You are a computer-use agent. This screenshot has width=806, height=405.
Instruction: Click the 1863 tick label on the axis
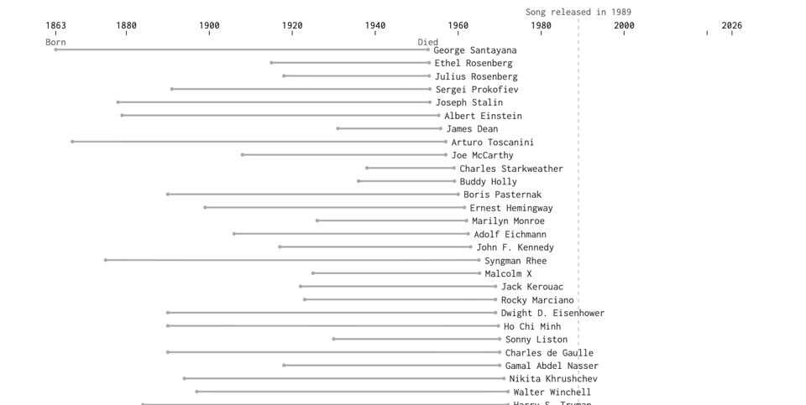pos(55,25)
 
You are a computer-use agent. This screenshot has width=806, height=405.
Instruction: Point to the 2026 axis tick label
pos(731,25)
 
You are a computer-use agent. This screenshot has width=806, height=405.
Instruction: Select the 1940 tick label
pos(375,25)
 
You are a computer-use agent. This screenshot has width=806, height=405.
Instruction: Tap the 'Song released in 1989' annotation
pos(578,12)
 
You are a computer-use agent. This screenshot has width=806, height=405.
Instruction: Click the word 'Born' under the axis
pos(55,42)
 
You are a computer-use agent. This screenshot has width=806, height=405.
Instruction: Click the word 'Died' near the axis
pos(427,42)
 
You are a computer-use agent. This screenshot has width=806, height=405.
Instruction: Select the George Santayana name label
pos(474,50)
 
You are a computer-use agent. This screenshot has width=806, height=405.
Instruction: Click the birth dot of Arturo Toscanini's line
pos(72,142)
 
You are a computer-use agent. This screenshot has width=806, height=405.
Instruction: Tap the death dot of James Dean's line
pos(440,128)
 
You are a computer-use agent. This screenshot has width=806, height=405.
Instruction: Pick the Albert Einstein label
pos(483,116)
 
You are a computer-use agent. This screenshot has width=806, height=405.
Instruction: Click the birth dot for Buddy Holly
pos(359,181)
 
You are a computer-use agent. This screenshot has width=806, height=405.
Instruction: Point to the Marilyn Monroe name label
pos(508,221)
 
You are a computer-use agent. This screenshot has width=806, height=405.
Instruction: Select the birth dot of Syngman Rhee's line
pos(106,260)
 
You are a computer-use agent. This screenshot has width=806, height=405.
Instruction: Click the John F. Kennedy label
pos(515,247)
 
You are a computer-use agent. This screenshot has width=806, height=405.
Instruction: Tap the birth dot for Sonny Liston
pos(333,339)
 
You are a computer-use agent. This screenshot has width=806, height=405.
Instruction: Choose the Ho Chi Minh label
pos(531,326)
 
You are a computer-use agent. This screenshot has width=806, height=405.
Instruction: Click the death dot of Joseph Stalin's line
pos(430,102)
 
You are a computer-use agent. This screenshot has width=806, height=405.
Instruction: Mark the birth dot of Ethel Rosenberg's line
pos(271,63)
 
